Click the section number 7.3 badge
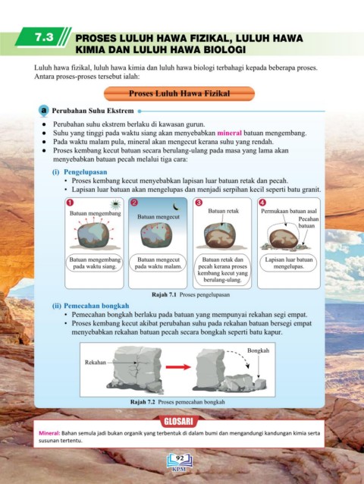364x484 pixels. click(x=44, y=37)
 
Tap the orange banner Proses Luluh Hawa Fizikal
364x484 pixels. click(x=179, y=93)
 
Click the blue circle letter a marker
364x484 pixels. click(x=44, y=111)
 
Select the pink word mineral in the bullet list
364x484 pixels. click(x=229, y=133)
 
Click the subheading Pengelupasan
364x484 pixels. click(x=86, y=172)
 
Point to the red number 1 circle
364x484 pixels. click(x=71, y=203)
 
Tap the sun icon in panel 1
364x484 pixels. click(x=115, y=204)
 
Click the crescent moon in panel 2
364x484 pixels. click(x=175, y=206)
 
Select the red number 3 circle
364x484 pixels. click(x=199, y=203)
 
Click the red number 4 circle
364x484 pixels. click(x=262, y=203)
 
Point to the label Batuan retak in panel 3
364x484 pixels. click(x=224, y=211)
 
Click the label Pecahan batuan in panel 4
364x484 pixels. click(x=308, y=222)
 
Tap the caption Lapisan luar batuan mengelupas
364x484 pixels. click(x=289, y=263)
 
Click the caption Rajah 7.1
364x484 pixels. click(x=164, y=294)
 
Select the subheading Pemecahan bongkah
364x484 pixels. click(x=96, y=306)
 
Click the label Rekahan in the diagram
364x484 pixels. click(x=96, y=362)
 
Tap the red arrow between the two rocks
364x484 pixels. click(x=178, y=367)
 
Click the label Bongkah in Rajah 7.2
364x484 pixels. click(x=258, y=350)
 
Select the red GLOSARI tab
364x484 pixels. click(x=178, y=421)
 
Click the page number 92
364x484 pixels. click(x=179, y=458)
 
